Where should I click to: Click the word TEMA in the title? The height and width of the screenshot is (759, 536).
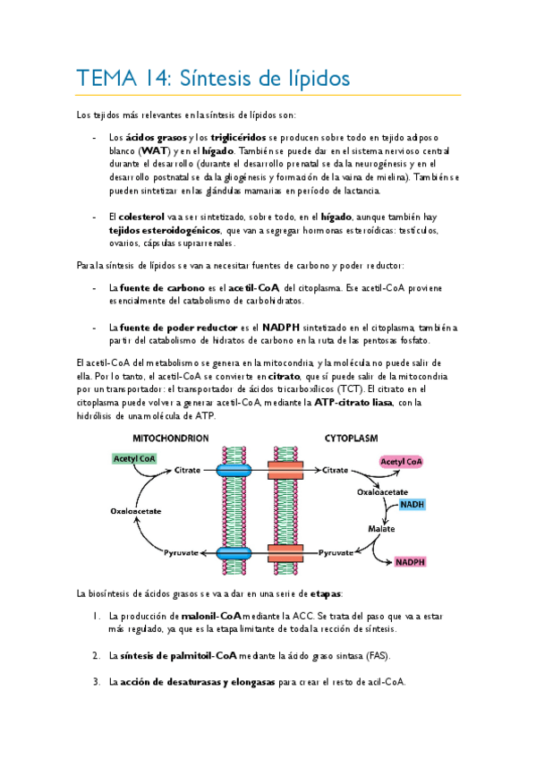pos(106,79)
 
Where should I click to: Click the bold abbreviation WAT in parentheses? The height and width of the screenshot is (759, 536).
pos(154,151)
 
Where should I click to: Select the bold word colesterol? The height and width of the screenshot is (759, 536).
pos(141,217)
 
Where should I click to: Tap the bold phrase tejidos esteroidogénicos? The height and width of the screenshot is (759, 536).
pos(165,230)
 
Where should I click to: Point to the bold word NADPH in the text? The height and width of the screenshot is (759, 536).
pos(281,328)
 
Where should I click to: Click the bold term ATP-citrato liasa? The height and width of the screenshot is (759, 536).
pos(353,402)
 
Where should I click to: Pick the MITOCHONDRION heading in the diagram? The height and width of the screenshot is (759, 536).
pos(170,439)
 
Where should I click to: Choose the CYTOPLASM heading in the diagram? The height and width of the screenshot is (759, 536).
pos(351,439)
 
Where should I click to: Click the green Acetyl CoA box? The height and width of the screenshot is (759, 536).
pos(134,459)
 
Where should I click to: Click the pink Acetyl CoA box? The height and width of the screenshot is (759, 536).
pos(401,462)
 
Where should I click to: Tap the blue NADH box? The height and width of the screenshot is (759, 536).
pos(413,505)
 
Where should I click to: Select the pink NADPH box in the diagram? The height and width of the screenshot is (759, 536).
pos(410,562)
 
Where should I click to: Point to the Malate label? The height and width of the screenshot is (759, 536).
pos(381,529)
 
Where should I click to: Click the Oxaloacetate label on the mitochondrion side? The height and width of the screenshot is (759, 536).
pos(135,511)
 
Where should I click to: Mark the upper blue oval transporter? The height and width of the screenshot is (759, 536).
pos(234,470)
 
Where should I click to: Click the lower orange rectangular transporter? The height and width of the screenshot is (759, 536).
pos(285,553)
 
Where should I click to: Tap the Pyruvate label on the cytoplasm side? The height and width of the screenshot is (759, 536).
pos(336,553)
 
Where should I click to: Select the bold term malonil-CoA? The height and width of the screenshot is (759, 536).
pos(211,616)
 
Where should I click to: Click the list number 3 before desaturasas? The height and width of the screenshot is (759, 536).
pos(97,682)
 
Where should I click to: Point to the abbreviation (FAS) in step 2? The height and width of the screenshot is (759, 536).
pos(378,656)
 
